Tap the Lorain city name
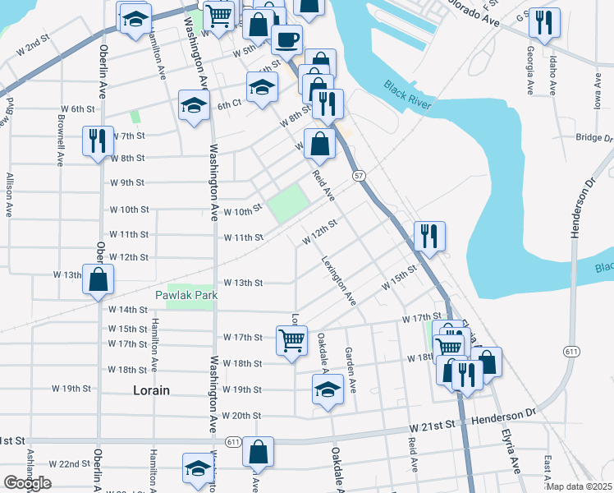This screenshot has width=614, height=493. click(x=151, y=390)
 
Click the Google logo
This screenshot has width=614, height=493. click(x=27, y=483)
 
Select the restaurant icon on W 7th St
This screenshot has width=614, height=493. click(x=98, y=141)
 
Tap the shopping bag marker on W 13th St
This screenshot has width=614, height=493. click(x=98, y=279)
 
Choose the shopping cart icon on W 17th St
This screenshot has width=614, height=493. click(x=292, y=339)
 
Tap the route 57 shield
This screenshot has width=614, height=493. click(x=359, y=176)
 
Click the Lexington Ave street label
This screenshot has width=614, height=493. click(x=342, y=285)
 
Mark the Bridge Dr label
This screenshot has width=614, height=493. click(x=594, y=138)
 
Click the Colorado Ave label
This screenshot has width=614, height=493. click(x=474, y=15)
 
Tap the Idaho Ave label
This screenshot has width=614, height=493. click(x=553, y=75)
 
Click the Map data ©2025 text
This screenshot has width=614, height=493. click(x=580, y=486)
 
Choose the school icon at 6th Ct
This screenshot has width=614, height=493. click(x=195, y=105)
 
